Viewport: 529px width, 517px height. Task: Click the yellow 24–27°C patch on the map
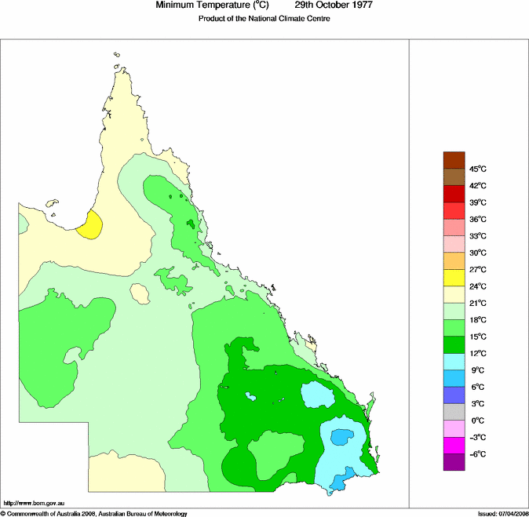pyautogui.click(x=91, y=226)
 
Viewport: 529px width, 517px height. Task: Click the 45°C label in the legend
pyautogui.click(x=478, y=169)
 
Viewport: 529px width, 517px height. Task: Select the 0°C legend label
pyautogui.click(x=477, y=421)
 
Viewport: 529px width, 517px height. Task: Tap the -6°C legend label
pyautogui.click(x=477, y=454)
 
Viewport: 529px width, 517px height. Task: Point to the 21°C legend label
pyautogui.click(x=478, y=303)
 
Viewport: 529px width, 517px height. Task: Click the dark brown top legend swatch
pyautogui.click(x=454, y=159)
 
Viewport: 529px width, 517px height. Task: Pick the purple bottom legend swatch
pyautogui.click(x=454, y=463)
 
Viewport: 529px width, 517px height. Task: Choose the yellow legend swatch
pyautogui.click(x=454, y=278)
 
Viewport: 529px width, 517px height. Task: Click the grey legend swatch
pyautogui.click(x=454, y=413)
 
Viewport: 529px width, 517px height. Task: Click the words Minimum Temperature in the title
pyautogui.click(x=200, y=5)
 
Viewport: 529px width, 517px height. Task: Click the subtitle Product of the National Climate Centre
pyautogui.click(x=264, y=18)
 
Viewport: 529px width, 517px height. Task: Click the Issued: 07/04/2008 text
pyautogui.click(x=502, y=513)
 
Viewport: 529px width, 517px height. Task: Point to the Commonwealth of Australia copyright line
pyautogui.click(x=94, y=513)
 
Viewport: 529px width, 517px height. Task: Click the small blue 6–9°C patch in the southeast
pyautogui.click(x=341, y=436)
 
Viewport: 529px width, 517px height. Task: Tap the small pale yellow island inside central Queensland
pyautogui.click(x=140, y=294)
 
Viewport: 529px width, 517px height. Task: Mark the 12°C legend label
pyautogui.click(x=478, y=353)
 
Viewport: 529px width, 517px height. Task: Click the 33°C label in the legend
pyautogui.click(x=478, y=236)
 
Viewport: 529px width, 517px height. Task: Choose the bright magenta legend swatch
pyautogui.click(x=454, y=446)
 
